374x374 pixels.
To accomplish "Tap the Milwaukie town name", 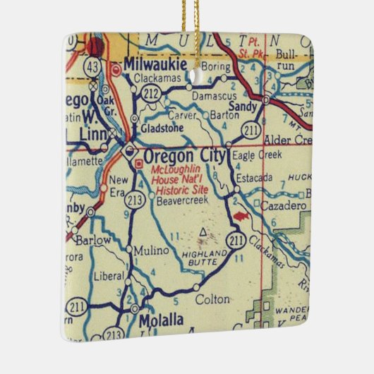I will (155, 64).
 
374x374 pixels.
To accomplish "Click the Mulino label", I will (152, 251).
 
